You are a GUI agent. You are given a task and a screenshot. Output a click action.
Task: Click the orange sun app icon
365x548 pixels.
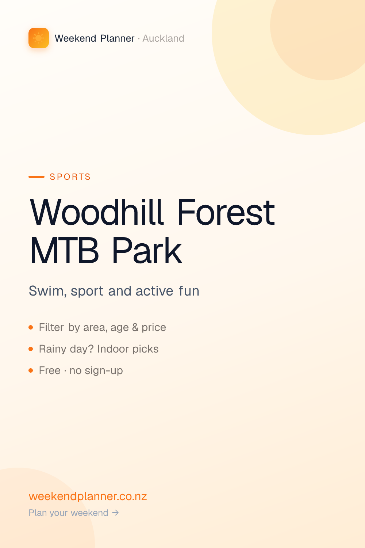coord(39,38)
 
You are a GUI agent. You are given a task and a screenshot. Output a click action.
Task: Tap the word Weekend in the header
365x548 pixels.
coord(75,38)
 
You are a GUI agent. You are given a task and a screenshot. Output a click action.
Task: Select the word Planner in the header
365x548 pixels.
coord(118,38)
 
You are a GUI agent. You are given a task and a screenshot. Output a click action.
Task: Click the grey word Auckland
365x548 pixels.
coord(163,38)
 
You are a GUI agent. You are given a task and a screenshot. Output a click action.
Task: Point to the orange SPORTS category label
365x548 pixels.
coord(70,176)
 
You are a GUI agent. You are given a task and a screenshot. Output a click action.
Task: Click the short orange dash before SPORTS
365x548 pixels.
coord(36,176)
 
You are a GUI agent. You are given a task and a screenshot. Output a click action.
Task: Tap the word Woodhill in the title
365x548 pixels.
coord(97,212)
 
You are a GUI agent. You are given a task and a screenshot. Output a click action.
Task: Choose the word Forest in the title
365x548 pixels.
coord(226,212)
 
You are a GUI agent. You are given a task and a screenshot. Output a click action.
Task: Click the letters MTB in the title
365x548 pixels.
coord(64,251)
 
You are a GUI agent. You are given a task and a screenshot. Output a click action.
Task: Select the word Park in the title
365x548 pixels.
coord(147,251)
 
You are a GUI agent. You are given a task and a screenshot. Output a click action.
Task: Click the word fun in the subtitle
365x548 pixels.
coord(189,291)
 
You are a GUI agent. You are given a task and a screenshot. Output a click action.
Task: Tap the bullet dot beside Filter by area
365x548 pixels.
coord(31,327)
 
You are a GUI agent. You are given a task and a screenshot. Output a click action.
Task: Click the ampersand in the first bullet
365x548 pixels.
coord(135,327)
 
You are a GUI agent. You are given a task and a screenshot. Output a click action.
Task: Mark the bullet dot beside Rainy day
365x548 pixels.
coord(31,349)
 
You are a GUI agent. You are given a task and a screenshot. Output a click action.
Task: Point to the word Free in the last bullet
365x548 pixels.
coord(50,370)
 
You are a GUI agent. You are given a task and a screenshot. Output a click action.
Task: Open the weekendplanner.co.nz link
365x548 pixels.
coord(88,496)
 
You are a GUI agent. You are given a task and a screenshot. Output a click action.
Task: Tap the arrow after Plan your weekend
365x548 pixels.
coord(115,513)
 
